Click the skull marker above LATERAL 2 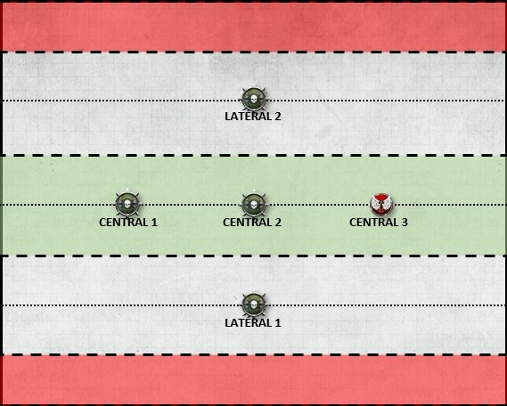tap(254, 99)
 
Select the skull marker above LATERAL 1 tap(254, 304)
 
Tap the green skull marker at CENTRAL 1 tap(127, 204)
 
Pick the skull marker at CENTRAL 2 tap(254, 204)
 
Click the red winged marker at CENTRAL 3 tap(381, 205)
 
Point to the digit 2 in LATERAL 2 tap(277, 117)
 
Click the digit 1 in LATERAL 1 tap(277, 322)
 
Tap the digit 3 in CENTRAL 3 tap(404, 223)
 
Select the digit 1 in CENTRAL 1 tap(154, 223)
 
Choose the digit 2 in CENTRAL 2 tap(277, 223)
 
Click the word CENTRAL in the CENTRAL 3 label tap(373, 223)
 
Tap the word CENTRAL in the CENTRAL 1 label tap(123, 223)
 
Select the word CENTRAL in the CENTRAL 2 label tap(247, 223)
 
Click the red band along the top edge tap(253, 27)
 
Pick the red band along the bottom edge tap(253, 380)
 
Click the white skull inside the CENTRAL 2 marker tap(254, 205)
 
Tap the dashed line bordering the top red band tap(253, 52)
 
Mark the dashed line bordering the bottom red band tap(253, 354)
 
